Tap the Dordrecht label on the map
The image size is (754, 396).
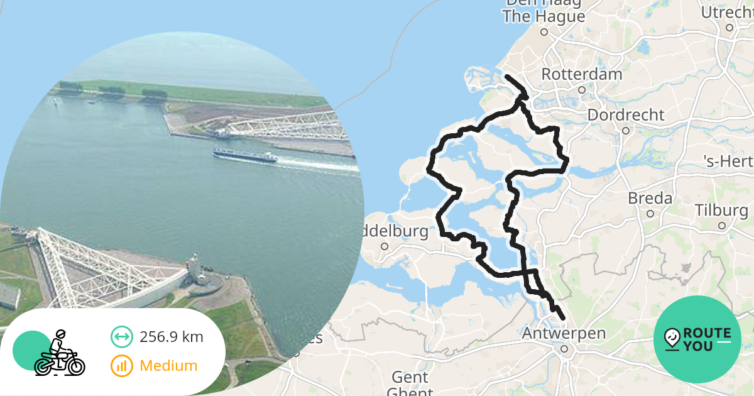pos(625,115)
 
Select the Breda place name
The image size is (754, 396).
pos(650,199)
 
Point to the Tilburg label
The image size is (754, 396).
pos(722,210)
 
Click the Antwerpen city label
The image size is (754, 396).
pos(564,333)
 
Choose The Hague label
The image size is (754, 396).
pos(544,17)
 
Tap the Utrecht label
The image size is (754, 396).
pos(727,13)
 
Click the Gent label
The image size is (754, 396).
pos(410,377)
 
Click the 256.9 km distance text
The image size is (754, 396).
pos(172,337)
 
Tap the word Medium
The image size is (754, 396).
pos(168,366)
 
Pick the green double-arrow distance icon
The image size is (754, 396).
pos(122,337)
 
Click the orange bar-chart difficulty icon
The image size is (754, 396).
pos(122,366)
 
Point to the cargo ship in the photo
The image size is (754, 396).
pos(245,155)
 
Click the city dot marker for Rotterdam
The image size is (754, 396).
pos(582,90)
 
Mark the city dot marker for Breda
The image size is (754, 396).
pos(650,214)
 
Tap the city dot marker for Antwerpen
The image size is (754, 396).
pos(565,348)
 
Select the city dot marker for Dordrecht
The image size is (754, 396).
pos(626,131)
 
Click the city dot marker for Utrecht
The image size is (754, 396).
pos(729,28)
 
